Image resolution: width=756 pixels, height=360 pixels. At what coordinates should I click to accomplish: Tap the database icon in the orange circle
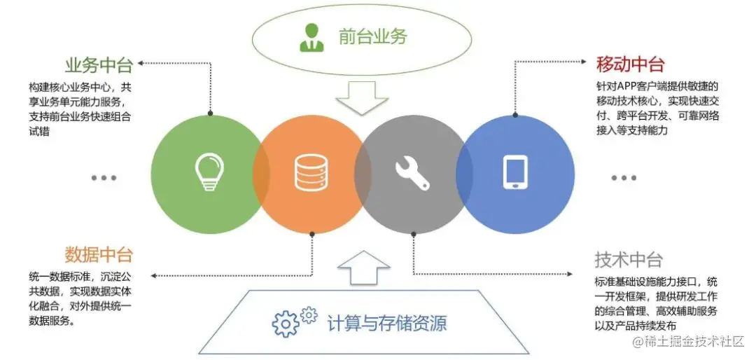[311, 172]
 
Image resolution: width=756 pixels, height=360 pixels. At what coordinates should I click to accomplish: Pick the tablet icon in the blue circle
[515, 172]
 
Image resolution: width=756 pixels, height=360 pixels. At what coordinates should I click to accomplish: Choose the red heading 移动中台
[629, 65]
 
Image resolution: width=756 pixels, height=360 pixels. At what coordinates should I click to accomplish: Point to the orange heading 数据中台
[99, 254]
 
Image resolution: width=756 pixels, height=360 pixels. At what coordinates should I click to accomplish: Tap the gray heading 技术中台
[628, 260]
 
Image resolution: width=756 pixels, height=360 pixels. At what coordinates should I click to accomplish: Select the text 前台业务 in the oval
[372, 37]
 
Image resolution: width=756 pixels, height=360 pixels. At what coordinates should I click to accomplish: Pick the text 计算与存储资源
[386, 323]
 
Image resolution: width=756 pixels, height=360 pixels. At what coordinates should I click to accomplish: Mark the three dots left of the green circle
[104, 178]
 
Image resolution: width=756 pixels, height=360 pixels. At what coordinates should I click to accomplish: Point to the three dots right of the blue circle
[624, 178]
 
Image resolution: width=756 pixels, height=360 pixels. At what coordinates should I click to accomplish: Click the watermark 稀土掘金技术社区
[693, 342]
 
